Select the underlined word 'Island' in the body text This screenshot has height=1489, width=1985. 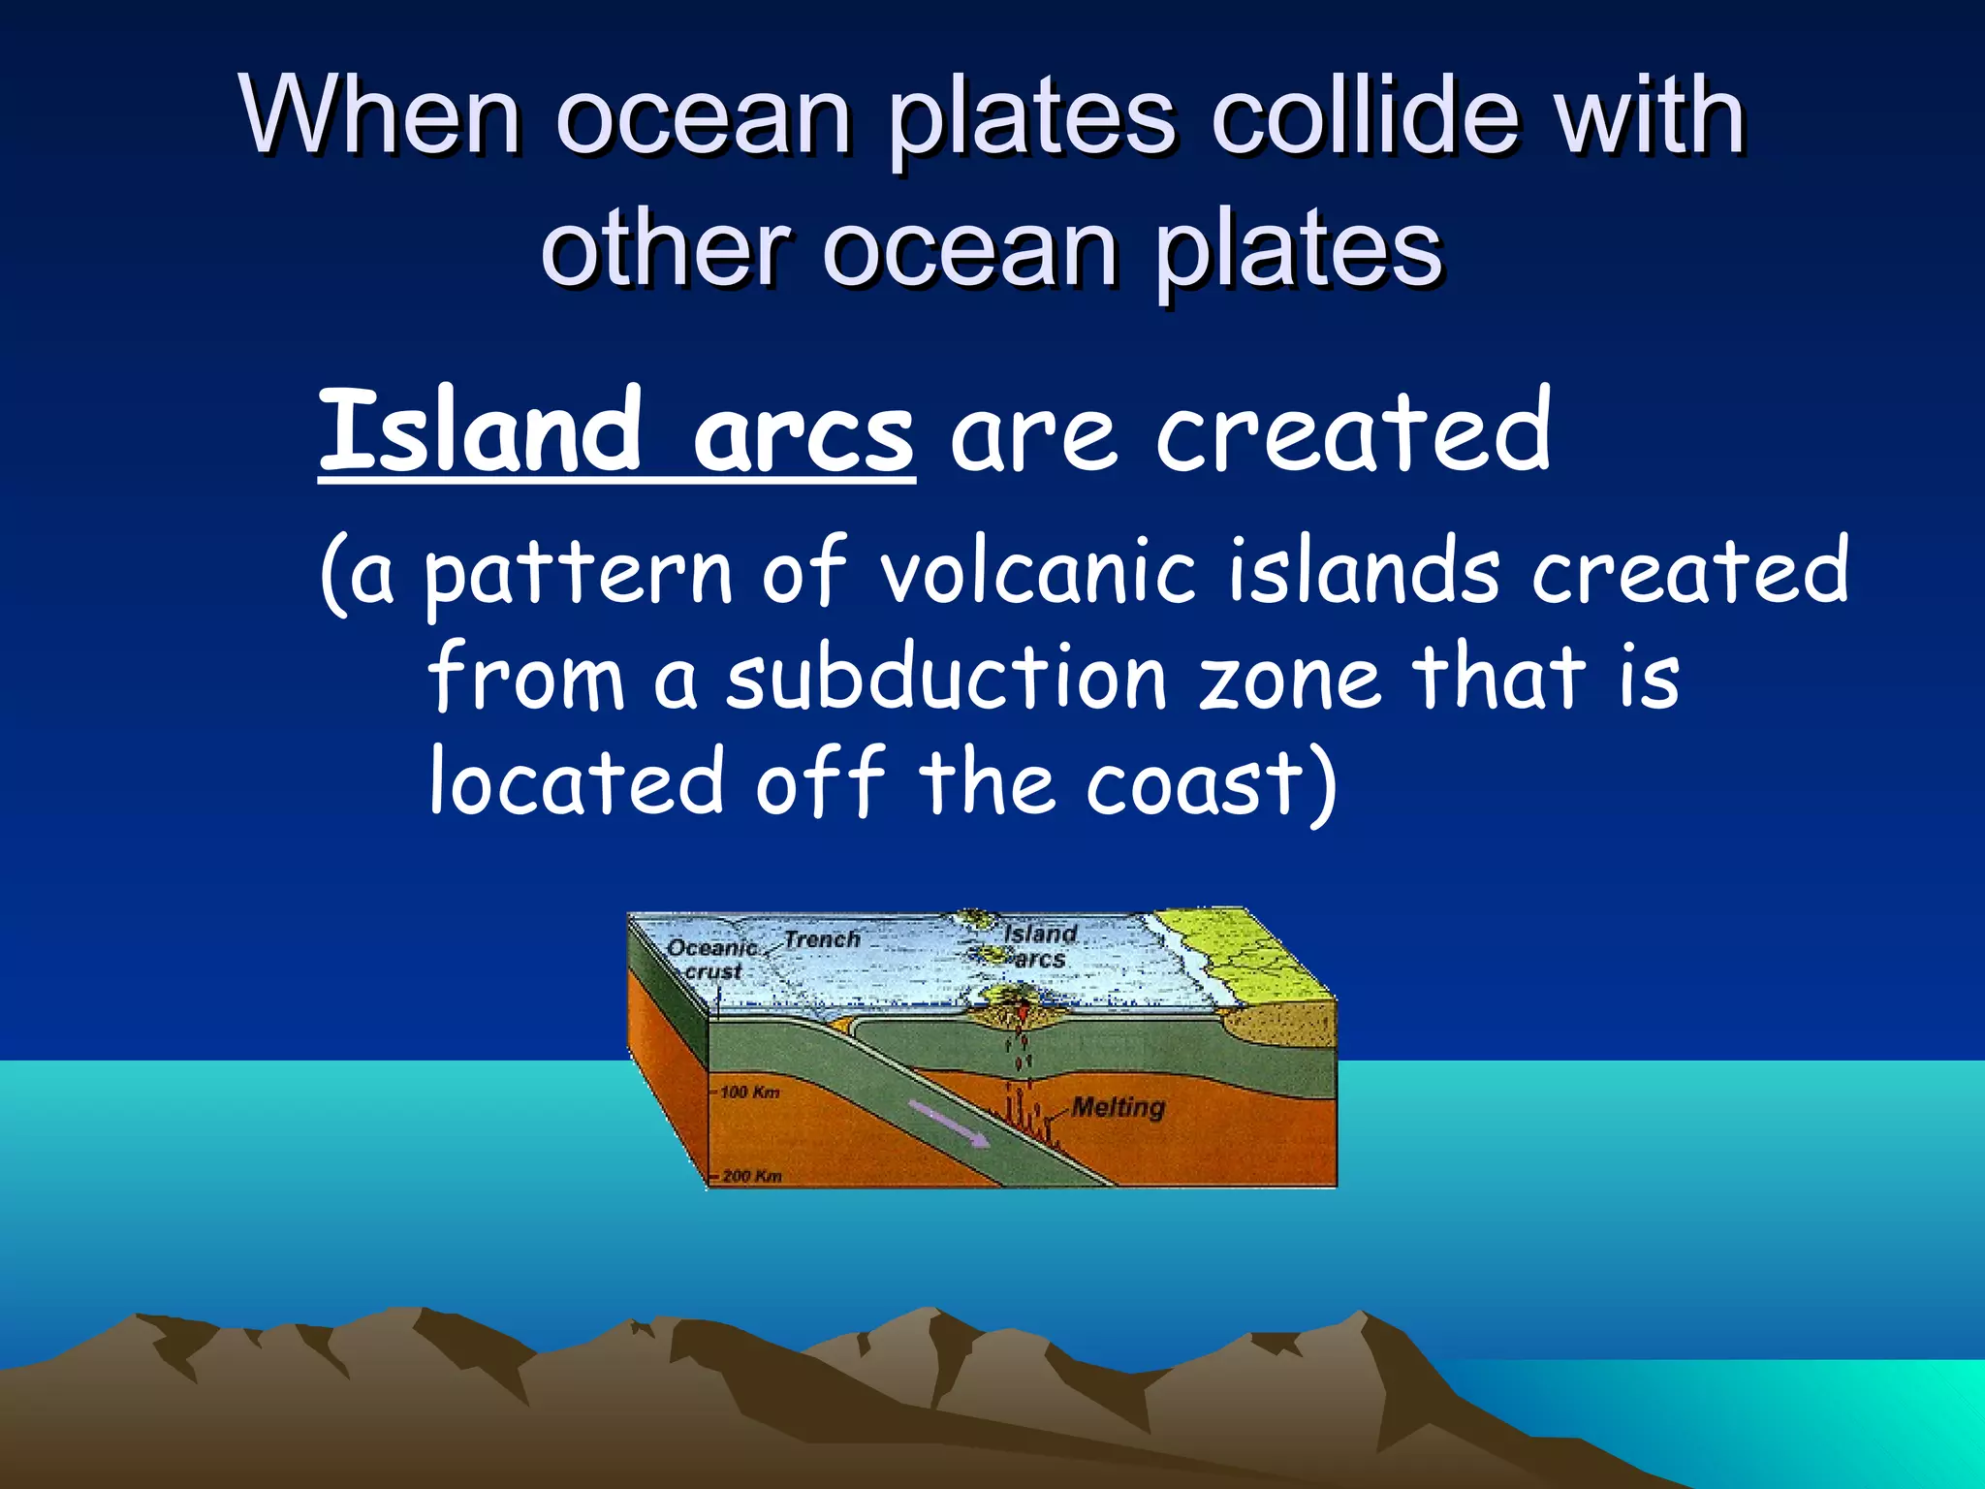point(481,431)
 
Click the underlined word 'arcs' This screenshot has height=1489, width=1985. point(803,436)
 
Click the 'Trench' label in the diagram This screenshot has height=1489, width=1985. point(821,939)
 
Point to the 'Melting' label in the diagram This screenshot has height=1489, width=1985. point(1118,1107)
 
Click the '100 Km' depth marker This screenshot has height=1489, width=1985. point(749,1092)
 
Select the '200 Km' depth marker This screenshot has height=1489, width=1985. point(751,1176)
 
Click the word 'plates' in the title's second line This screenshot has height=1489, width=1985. point(1299,249)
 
